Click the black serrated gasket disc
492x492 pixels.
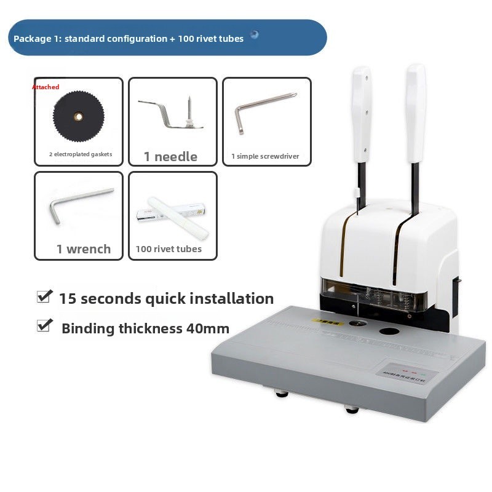pos(77,117)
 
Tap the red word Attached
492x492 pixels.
pos(46,87)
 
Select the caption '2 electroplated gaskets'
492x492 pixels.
pos(81,154)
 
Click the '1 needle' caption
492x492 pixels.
pos(170,157)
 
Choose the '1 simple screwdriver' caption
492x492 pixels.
pos(265,157)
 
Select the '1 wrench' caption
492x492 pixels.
pos(84,249)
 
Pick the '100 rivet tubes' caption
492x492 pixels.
pos(169,249)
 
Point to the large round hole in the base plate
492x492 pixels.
pos(389,332)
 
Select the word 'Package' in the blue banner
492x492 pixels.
pos(31,39)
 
